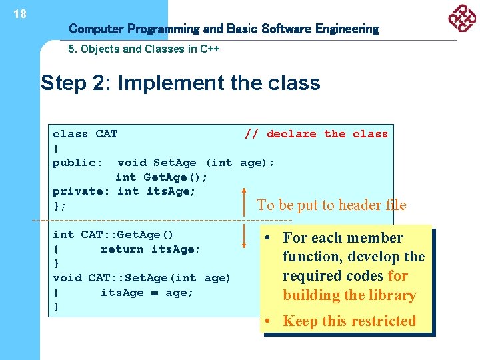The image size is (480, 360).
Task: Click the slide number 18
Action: coord(20,13)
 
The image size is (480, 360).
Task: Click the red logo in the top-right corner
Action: coord(461,18)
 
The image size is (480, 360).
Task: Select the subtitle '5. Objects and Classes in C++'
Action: coord(144,49)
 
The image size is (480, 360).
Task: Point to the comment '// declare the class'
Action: coord(316,134)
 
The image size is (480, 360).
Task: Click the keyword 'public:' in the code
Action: coord(77,163)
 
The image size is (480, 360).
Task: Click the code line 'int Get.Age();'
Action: coord(161,177)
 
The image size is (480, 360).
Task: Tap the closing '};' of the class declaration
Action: coord(59,206)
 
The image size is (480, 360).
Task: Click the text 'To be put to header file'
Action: coord(331,205)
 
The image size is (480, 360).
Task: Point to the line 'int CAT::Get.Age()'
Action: coord(113,235)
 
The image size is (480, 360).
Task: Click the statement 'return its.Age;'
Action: coord(151,249)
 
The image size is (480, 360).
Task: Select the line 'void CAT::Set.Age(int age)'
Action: coord(141,278)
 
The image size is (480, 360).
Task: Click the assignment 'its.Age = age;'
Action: coord(147,293)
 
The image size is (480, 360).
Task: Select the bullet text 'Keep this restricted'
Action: coord(349,321)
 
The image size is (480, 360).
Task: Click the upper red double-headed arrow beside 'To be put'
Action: coord(246,205)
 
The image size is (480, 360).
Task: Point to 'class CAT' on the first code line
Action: coord(85,134)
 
